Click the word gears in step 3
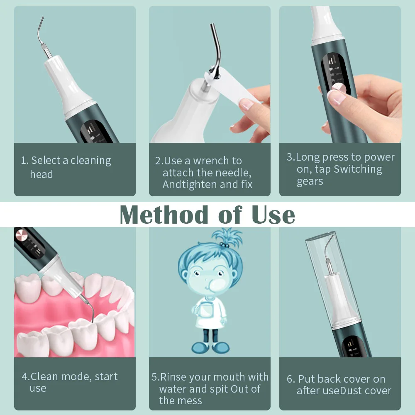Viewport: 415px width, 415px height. (310, 181)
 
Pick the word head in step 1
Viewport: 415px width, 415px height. (41, 174)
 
